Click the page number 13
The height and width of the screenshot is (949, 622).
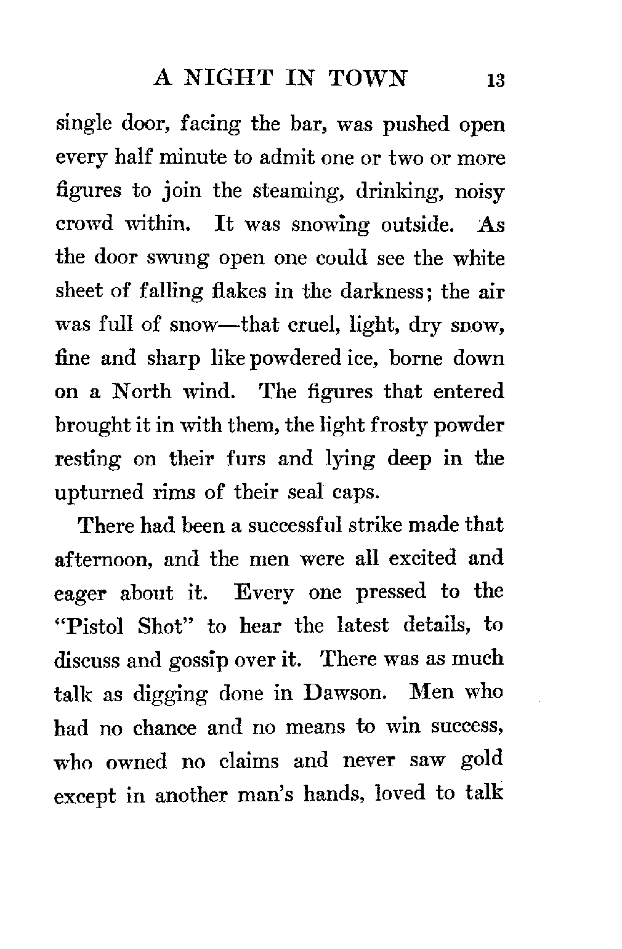(495, 81)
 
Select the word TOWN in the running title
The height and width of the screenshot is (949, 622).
(368, 78)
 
